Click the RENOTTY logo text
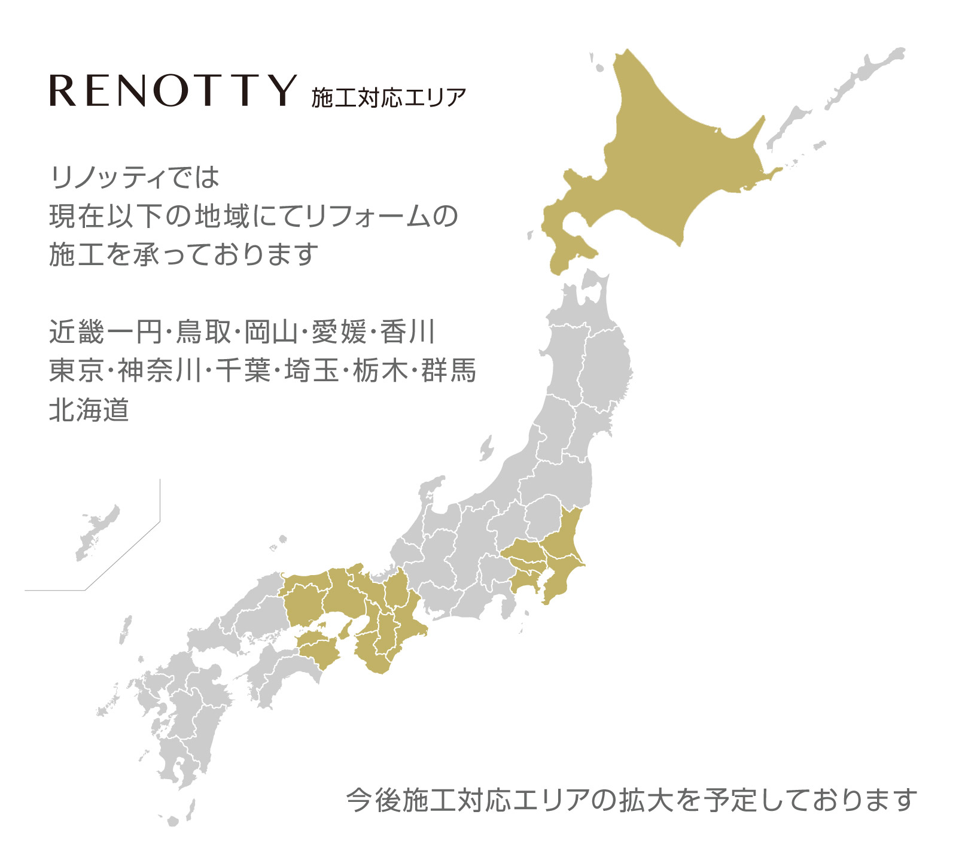pyautogui.click(x=173, y=91)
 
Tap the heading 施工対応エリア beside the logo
pyautogui.click(x=388, y=98)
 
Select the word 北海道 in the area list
pyautogui.click(x=89, y=411)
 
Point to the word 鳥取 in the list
pyautogui.click(x=203, y=332)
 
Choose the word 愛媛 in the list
pyautogui.click(x=339, y=332)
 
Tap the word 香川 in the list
pyautogui.click(x=407, y=332)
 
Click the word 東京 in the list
pyautogui.click(x=77, y=371)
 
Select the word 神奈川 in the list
pyautogui.click(x=160, y=371)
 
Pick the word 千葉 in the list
pyautogui.click(x=243, y=371)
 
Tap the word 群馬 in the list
pyautogui.click(x=448, y=371)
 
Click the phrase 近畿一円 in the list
pyautogui.click(x=105, y=332)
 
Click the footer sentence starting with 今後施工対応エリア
pyautogui.click(x=631, y=800)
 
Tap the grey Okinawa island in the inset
pyautogui.click(x=96, y=533)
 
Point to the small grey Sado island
pyautogui.click(x=486, y=448)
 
